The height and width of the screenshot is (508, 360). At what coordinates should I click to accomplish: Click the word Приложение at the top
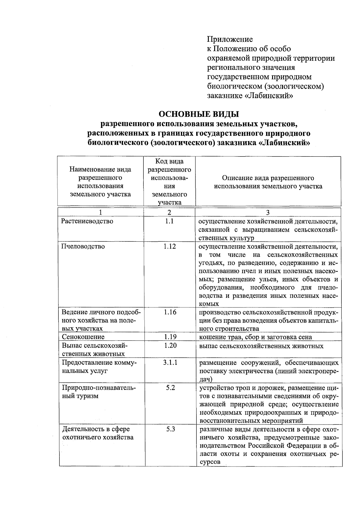coord(230,39)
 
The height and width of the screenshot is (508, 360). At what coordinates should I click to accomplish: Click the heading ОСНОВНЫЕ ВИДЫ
coord(199,114)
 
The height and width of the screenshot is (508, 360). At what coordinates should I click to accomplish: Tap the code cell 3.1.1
coord(170,362)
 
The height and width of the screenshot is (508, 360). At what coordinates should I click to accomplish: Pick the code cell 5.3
coord(170,429)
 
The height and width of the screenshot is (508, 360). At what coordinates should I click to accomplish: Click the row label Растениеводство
coord(87,221)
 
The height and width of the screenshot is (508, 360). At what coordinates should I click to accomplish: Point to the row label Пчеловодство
coord(83,246)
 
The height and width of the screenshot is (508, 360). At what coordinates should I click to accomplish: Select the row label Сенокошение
coord(83,337)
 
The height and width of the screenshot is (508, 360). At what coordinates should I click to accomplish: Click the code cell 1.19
coord(170,337)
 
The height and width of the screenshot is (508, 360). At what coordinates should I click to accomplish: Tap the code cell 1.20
coord(170,345)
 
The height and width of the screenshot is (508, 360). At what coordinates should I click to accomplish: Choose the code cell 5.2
coord(170,388)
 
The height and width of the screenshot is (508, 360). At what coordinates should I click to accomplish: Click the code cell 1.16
coord(170,312)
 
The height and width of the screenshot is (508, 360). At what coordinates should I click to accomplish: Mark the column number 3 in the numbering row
coord(268,212)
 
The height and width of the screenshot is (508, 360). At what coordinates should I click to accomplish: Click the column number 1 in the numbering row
coord(100,212)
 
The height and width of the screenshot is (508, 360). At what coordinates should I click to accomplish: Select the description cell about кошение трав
coord(256,337)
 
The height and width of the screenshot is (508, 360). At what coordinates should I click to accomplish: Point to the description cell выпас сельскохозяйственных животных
coord(261,346)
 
